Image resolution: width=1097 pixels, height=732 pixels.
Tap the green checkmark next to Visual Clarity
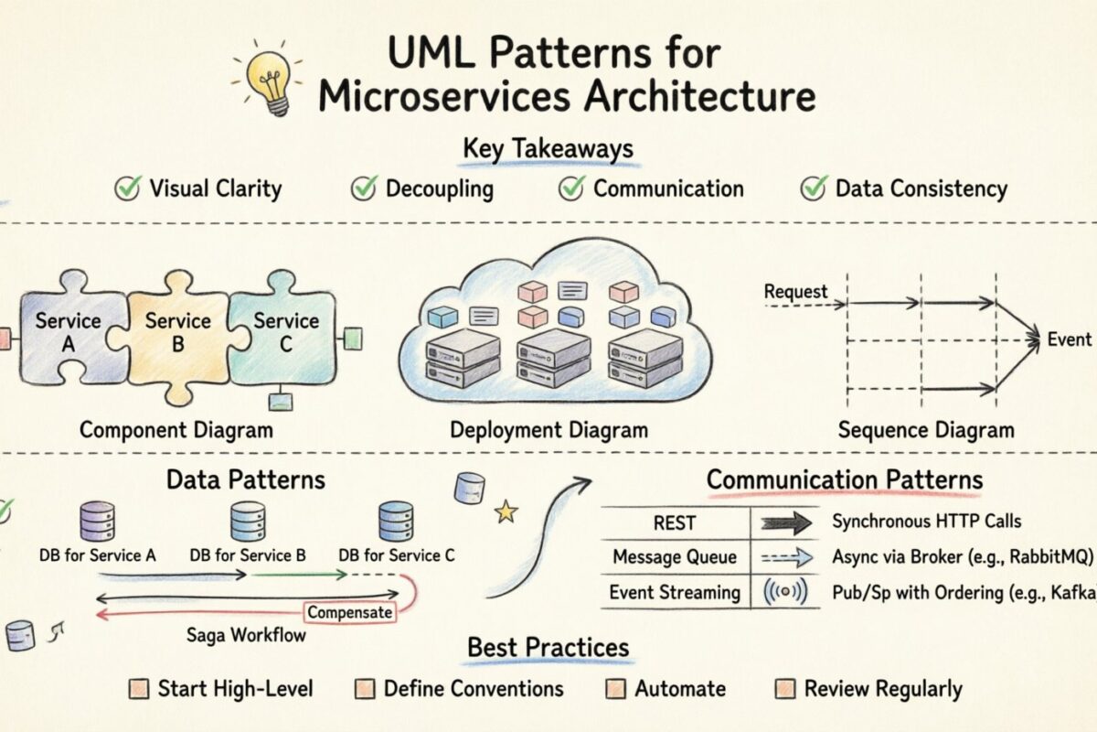click(126, 188)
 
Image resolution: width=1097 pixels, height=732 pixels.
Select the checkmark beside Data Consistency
click(813, 188)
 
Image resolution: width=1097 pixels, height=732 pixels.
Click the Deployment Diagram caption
click(548, 430)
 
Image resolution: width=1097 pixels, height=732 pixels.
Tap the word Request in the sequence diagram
click(795, 293)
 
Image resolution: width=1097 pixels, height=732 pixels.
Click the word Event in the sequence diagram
click(1069, 339)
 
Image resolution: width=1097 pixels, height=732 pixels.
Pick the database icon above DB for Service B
click(247, 522)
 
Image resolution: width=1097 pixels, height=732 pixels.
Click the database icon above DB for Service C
click(395, 522)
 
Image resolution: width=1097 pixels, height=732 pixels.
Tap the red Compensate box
click(350, 612)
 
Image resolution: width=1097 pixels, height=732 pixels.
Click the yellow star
click(506, 512)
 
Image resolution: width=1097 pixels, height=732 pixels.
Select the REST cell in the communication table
click(675, 523)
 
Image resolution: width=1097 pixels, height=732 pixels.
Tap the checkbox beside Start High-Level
click(139, 688)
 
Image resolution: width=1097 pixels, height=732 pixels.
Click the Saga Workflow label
click(246, 635)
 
